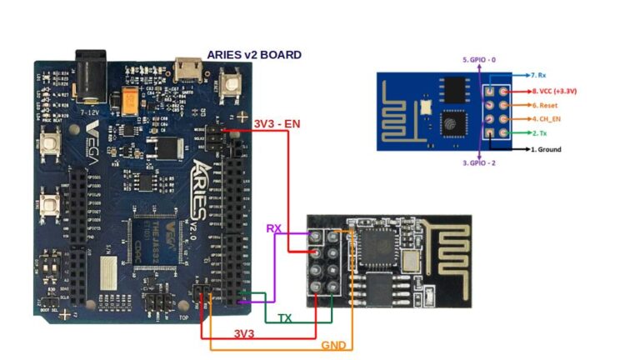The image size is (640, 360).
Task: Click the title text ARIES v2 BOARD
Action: pyautogui.click(x=254, y=55)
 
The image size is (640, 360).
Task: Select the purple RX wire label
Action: pyautogui.click(x=274, y=228)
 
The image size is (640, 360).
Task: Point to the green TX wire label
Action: pyautogui.click(x=284, y=318)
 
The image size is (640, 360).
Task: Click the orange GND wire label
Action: pyautogui.click(x=333, y=344)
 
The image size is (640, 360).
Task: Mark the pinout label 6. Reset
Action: pyautogui.click(x=547, y=106)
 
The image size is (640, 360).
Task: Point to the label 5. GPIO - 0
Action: pyautogui.click(x=479, y=60)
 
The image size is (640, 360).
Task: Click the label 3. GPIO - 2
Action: pyautogui.click(x=480, y=163)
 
